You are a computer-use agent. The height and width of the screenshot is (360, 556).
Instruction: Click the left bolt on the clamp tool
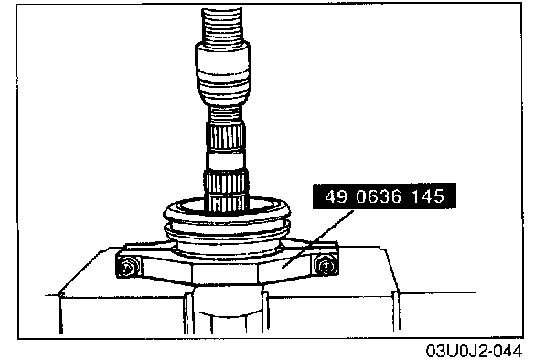coord(127,266)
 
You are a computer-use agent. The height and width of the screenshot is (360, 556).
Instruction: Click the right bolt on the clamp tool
coord(325,265)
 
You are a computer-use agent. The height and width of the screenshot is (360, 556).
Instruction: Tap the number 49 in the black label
coord(337,196)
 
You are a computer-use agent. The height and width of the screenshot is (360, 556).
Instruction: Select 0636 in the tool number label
coord(379,196)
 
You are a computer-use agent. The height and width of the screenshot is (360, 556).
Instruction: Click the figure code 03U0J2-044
coord(474,351)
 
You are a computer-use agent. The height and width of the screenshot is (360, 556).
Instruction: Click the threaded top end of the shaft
coord(222,25)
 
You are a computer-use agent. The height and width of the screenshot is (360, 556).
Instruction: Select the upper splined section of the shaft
coord(225,136)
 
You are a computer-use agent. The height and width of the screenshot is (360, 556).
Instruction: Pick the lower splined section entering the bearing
coord(226,189)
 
